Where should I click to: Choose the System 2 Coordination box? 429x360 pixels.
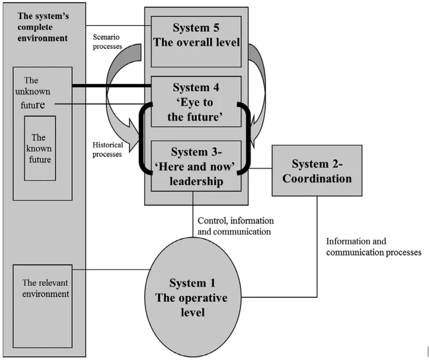click(317, 170)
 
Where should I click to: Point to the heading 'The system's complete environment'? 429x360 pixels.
click(42, 26)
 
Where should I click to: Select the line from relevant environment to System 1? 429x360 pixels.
click(112, 270)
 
